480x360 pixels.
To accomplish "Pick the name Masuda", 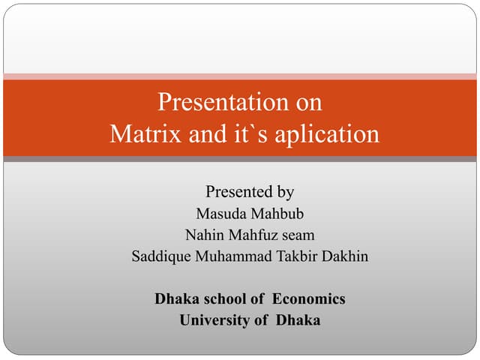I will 221,214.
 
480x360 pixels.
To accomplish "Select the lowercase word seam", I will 296,235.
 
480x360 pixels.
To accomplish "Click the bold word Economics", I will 308,298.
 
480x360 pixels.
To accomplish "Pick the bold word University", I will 214,320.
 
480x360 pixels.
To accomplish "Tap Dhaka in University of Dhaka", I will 298,320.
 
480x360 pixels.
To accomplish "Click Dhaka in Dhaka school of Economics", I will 175,298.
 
